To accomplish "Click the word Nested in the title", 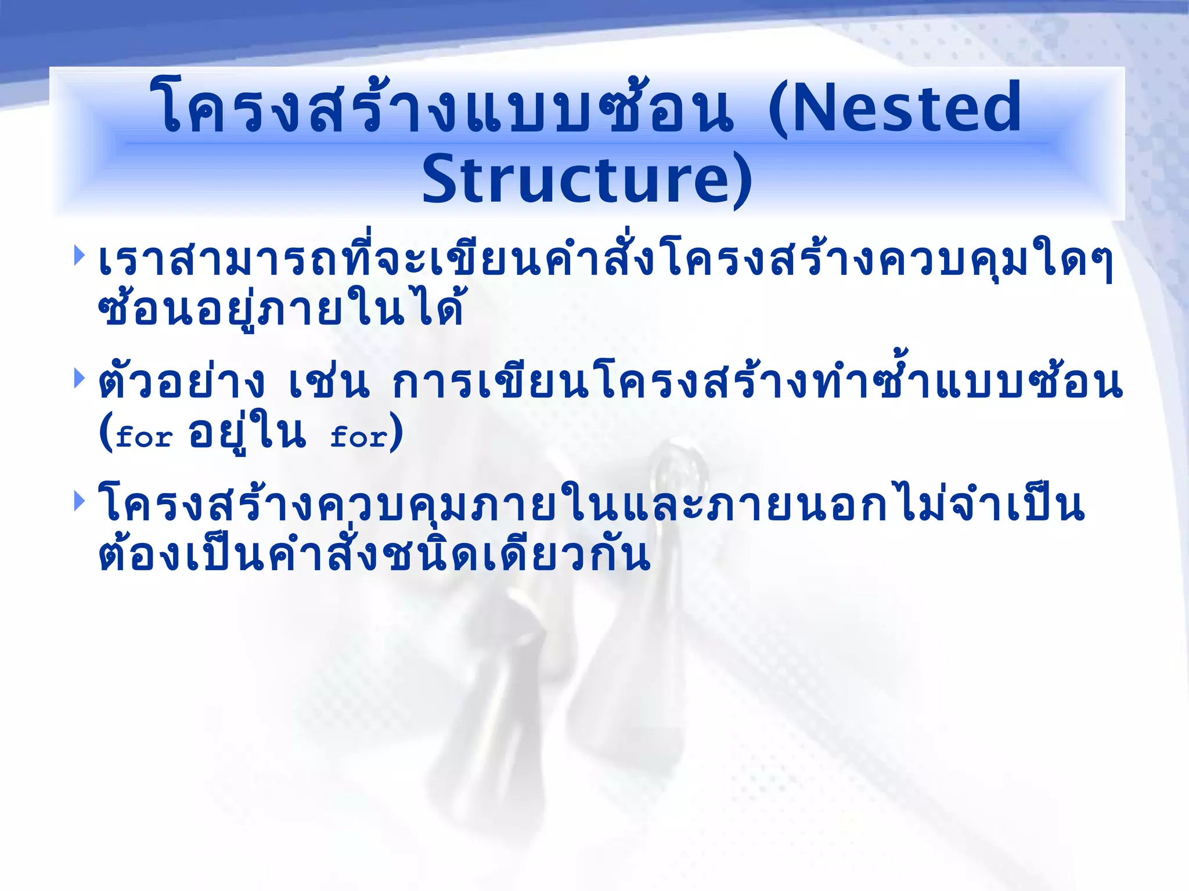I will point(906,107).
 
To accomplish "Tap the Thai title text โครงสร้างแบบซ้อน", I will point(441,107).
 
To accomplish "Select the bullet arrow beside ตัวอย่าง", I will point(80,379).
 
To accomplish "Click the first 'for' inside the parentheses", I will point(144,436).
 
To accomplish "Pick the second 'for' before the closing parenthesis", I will point(358,436).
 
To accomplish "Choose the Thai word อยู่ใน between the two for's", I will point(247,432).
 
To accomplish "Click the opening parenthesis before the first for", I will point(106,432).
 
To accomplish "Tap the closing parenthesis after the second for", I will point(396,432).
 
